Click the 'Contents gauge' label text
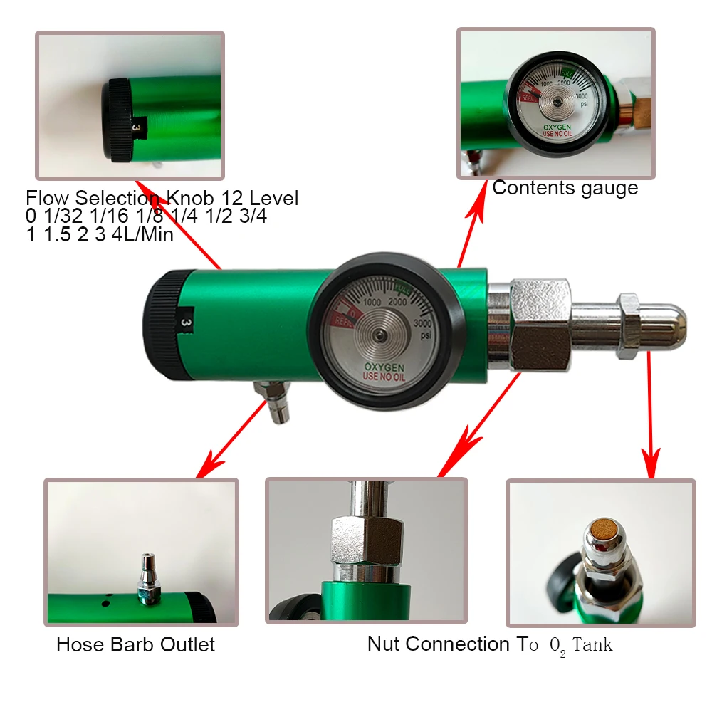565,188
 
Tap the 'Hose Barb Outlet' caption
135,645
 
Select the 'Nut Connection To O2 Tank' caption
489,645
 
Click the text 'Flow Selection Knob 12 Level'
162,198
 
